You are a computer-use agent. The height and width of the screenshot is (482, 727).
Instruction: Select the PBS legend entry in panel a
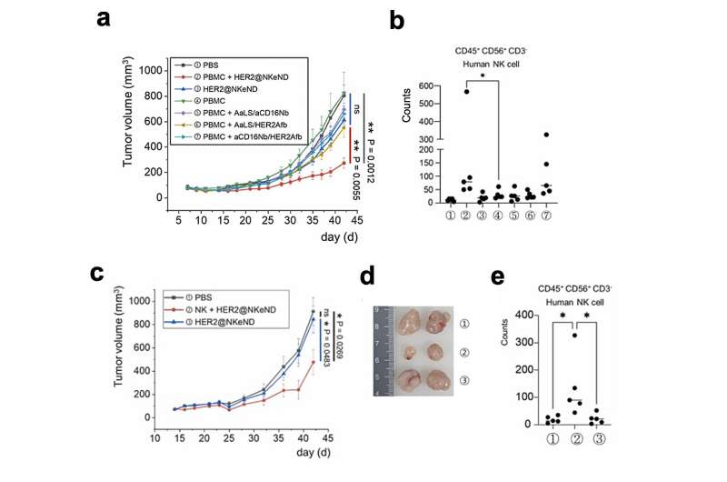(211, 65)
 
